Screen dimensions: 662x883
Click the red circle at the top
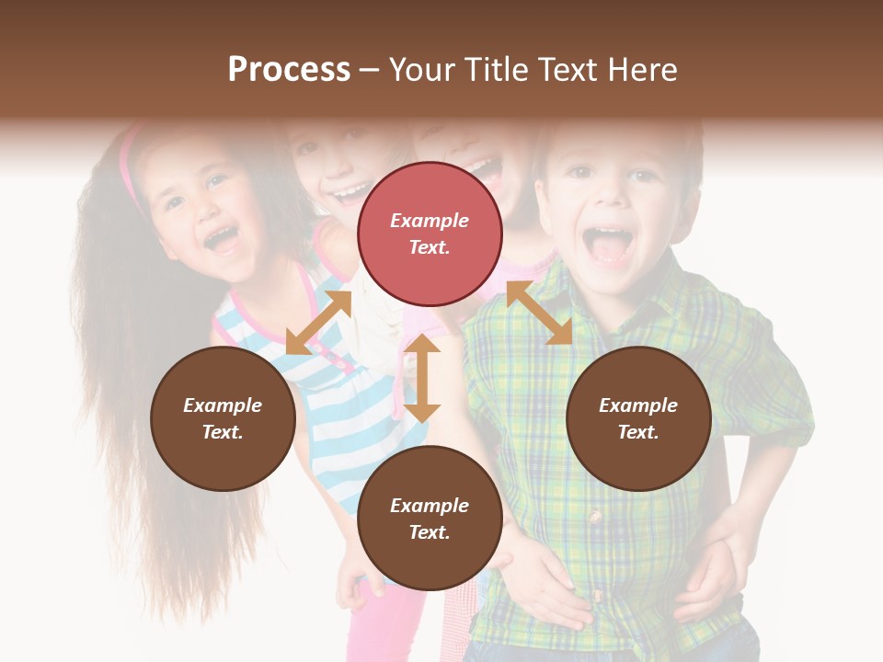click(430, 234)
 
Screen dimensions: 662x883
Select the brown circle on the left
click(223, 418)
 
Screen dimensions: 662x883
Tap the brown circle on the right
click(638, 418)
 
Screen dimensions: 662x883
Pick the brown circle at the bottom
click(430, 519)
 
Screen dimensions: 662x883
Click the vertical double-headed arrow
click(422, 378)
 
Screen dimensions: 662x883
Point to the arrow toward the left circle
click(318, 323)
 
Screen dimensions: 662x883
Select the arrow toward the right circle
click(540, 313)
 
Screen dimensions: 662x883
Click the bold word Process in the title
click(289, 69)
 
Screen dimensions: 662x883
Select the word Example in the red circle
click(430, 221)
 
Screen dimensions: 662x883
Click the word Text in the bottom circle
click(430, 532)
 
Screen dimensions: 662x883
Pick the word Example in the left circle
click(223, 405)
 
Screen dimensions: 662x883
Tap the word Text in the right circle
click(638, 432)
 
